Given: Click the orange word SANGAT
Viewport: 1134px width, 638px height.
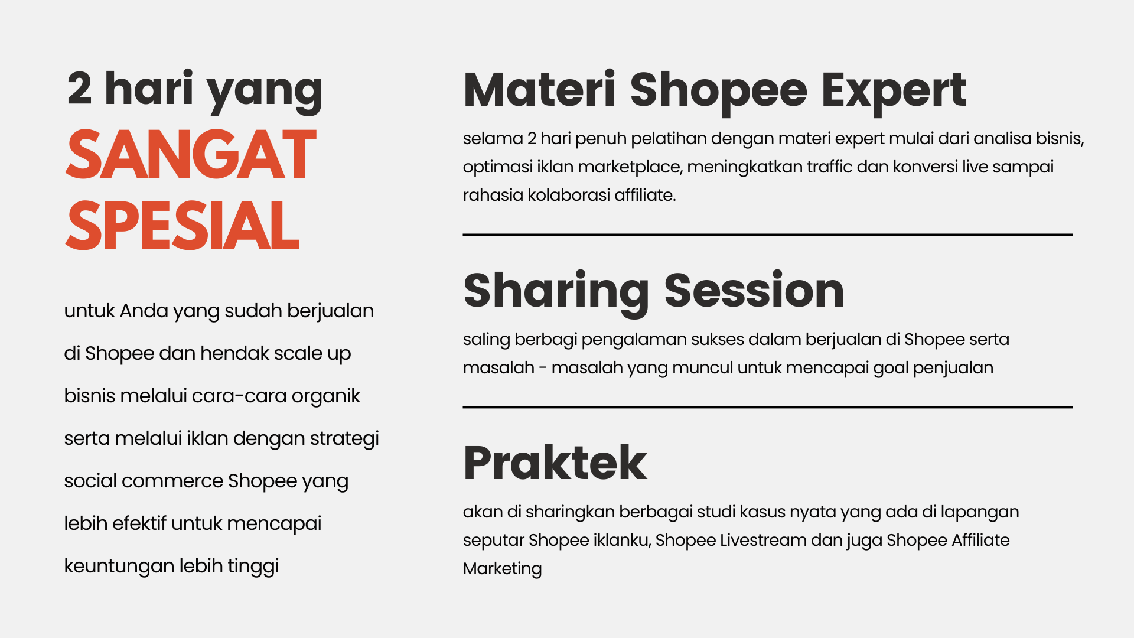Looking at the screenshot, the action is click(191, 154).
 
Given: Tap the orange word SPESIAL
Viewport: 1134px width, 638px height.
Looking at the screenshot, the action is click(182, 225).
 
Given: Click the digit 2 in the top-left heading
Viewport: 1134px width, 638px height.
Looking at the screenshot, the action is click(80, 88).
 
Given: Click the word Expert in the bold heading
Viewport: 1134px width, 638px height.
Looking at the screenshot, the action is click(894, 92).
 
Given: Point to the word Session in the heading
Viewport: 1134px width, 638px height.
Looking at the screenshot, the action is click(754, 290).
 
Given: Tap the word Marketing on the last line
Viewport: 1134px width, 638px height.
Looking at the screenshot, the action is click(503, 569).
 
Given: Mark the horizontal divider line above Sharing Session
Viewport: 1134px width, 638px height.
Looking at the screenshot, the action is click(768, 235).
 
